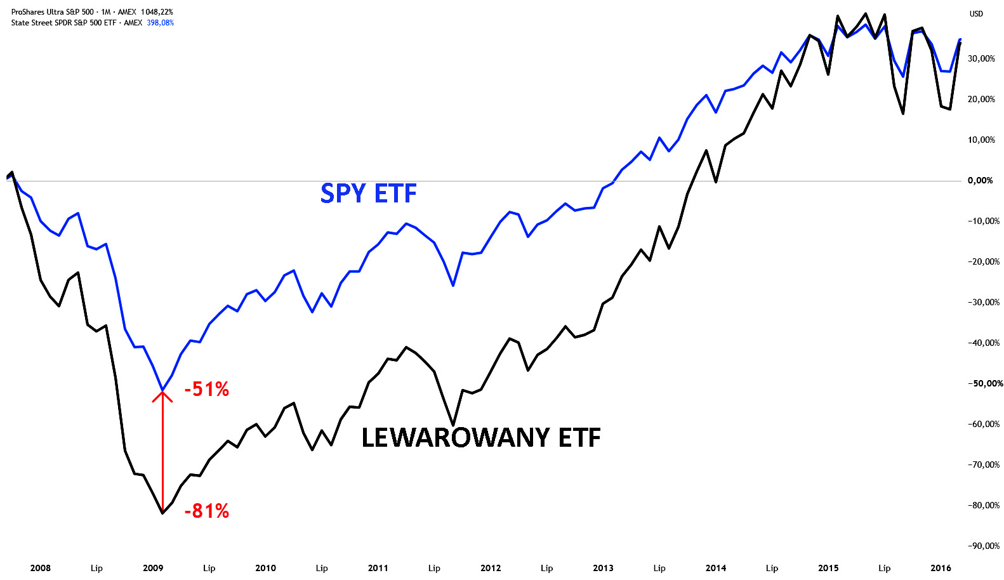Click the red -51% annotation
point(207,390)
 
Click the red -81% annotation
point(207,511)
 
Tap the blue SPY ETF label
point(369,193)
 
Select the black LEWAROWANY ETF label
point(481,437)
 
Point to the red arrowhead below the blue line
point(162,396)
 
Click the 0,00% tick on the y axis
point(981,181)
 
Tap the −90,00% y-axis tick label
point(984,546)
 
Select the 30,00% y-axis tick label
point(982,59)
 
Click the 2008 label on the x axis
point(41,569)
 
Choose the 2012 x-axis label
point(491,569)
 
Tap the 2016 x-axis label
point(941,569)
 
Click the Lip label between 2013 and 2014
point(659,569)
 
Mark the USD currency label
point(976,14)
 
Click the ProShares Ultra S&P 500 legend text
point(53,12)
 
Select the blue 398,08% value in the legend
point(160,22)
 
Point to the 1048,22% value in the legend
point(156,12)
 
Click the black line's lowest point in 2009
point(162,513)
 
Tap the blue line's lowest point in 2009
point(162,390)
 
